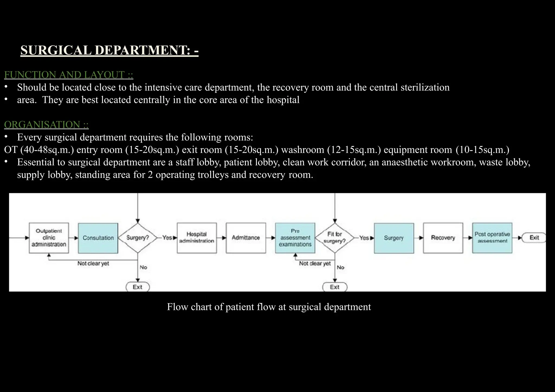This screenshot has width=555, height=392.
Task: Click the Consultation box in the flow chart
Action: pyautogui.click(x=98, y=238)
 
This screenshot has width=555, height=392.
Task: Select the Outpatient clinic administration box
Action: pyautogui.click(x=49, y=238)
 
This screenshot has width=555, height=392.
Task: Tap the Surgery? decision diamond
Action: pyautogui.click(x=138, y=238)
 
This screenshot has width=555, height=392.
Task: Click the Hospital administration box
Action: pyautogui.click(x=197, y=238)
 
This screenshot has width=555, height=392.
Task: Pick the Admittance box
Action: pyautogui.click(x=246, y=238)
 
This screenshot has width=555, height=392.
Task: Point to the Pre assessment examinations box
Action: pyautogui.click(x=295, y=238)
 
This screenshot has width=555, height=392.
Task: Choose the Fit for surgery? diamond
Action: pyautogui.click(x=335, y=238)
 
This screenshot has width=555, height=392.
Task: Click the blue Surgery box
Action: pyautogui.click(x=394, y=238)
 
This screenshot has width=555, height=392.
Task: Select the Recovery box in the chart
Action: pyautogui.click(x=443, y=238)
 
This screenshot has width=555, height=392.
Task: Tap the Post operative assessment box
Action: pyautogui.click(x=492, y=238)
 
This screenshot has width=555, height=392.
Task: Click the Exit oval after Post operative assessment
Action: pyautogui.click(x=534, y=238)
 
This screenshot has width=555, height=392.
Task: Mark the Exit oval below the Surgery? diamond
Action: pyautogui.click(x=138, y=287)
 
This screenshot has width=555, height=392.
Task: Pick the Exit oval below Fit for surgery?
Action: pyautogui.click(x=335, y=287)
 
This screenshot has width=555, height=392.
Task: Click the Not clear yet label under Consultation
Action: pyautogui.click(x=93, y=263)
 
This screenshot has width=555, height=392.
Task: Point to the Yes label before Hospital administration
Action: pyautogui.click(x=167, y=238)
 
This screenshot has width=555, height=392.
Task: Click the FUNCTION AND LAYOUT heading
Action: pyautogui.click(x=69, y=75)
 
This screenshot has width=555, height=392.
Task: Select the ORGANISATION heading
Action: pyautogui.click(x=46, y=125)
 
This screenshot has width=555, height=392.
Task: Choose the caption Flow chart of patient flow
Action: pyautogui.click(x=269, y=307)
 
